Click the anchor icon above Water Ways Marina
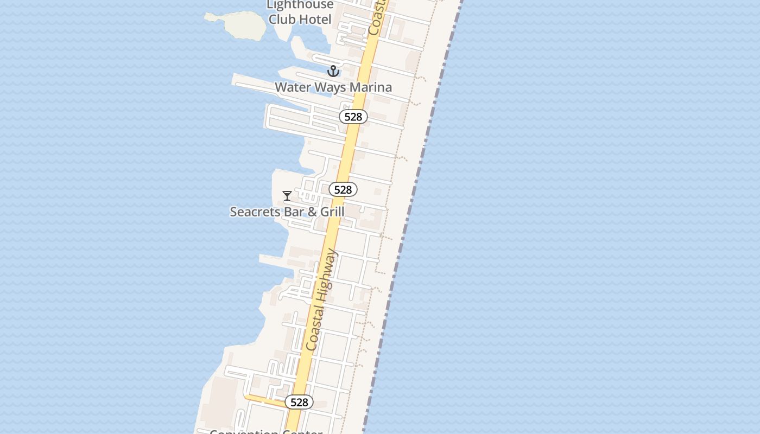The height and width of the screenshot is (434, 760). tap(333, 71)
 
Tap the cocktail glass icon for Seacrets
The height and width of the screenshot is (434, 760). tap(287, 196)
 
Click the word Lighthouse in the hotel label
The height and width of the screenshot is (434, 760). tap(300, 5)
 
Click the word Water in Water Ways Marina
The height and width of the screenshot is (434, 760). tap(293, 87)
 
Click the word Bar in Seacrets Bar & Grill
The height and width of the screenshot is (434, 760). tap(294, 212)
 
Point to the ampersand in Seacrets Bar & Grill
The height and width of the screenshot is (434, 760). tap(312, 212)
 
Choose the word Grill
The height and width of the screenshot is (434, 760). tap(332, 212)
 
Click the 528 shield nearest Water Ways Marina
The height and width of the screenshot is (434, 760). tap(353, 117)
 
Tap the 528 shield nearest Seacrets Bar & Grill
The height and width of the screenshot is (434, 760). tap(343, 189)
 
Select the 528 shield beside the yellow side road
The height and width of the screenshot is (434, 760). tap(299, 402)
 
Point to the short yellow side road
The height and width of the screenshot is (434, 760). tap(264, 401)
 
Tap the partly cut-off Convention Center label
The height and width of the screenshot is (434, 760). tap(266, 432)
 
